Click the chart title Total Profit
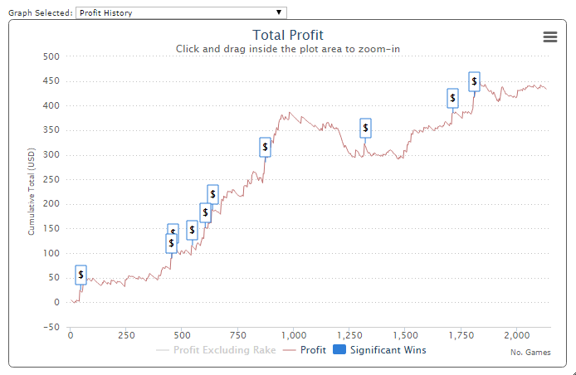(287, 35)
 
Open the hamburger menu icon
(549, 37)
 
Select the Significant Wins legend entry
(379, 350)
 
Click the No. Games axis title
(530, 353)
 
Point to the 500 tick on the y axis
(51, 56)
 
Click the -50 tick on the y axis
(51, 327)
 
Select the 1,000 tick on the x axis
(293, 335)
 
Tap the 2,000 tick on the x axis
(516, 335)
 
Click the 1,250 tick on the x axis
(349, 335)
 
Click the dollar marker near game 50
(81, 275)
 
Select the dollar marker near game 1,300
(365, 128)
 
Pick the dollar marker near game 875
(265, 147)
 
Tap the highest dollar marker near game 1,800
(474, 80)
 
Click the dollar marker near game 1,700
(452, 98)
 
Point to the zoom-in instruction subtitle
(287, 49)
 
